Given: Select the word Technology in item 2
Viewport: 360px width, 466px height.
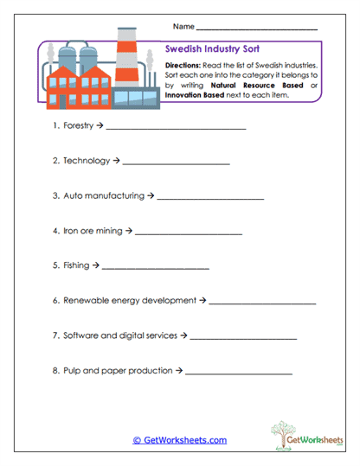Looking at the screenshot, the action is point(87,161).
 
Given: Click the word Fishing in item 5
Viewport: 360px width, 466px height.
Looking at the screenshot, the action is point(76,265).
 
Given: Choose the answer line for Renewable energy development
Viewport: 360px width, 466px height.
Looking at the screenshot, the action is point(262,303).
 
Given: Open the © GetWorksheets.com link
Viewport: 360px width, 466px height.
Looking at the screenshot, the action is point(180,440).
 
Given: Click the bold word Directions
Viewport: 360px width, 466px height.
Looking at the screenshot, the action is point(183,65).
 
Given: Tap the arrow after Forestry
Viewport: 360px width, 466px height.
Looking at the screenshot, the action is point(100,126).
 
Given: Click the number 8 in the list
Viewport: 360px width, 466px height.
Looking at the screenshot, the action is point(55,371).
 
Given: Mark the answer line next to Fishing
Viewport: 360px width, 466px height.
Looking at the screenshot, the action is point(155,268).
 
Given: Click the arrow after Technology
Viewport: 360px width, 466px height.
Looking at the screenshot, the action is point(117,161).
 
